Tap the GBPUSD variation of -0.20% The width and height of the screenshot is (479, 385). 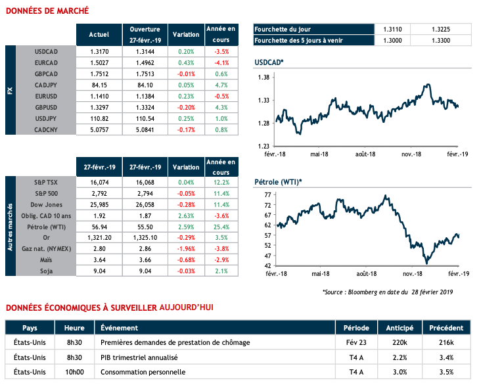pos(186,106)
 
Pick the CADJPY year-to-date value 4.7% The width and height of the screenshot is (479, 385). pos(221,85)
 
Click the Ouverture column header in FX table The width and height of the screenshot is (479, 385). pos(145,34)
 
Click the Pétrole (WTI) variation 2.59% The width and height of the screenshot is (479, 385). pos(186,227)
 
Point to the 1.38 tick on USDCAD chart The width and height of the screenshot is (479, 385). pos(264,78)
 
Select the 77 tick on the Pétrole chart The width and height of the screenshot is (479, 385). pos(267,195)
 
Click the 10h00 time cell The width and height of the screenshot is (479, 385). pos(74,372)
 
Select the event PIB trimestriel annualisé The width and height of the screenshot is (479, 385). pos(139,357)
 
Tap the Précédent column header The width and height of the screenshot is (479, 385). pos(447,328)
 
